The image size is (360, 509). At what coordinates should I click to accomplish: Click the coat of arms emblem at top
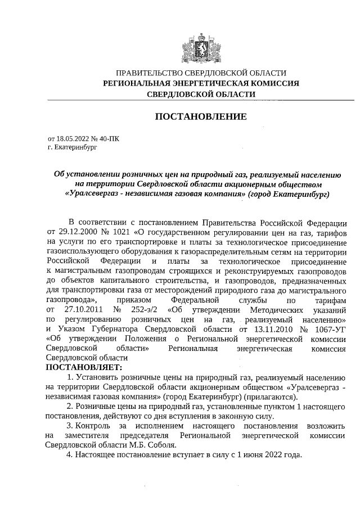[201, 47]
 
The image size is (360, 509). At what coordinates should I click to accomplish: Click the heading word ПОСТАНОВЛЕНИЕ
[201, 118]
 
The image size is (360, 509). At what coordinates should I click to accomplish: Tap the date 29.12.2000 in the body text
[78, 231]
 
